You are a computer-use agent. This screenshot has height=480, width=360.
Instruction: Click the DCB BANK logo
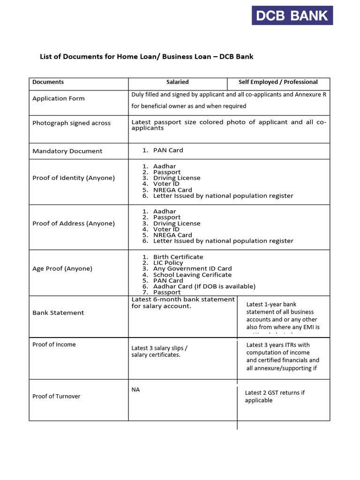(x=292, y=15)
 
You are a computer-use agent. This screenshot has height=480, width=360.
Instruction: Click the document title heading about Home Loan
(x=146, y=57)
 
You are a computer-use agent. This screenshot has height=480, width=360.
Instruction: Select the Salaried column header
(x=177, y=82)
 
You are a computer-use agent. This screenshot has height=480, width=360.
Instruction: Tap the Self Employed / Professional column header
(x=278, y=82)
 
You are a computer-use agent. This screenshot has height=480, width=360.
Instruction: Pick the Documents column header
(x=48, y=82)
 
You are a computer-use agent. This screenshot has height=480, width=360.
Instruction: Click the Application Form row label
(x=59, y=98)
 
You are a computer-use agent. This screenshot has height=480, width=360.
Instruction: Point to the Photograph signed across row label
(x=71, y=123)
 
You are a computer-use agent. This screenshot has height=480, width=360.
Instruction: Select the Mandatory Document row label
(x=67, y=151)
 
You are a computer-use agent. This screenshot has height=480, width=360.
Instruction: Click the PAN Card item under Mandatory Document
(x=168, y=150)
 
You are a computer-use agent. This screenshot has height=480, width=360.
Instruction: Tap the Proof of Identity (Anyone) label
(x=74, y=178)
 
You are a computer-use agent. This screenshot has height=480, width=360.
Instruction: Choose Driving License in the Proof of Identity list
(x=176, y=178)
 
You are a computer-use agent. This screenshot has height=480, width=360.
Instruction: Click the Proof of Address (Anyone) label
(x=74, y=224)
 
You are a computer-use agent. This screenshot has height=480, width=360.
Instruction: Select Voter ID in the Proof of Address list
(x=166, y=229)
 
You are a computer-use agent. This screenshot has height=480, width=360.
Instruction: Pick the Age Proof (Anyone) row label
(x=62, y=269)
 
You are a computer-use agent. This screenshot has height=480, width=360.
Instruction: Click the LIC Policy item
(x=168, y=263)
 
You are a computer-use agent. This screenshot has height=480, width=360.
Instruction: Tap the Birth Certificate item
(x=178, y=257)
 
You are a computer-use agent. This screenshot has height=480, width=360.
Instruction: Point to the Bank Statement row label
(x=58, y=313)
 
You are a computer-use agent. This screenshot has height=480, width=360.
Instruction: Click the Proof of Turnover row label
(x=56, y=397)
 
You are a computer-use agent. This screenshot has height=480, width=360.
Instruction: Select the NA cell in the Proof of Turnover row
(x=135, y=390)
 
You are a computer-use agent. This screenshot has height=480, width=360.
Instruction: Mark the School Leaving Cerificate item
(x=192, y=275)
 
